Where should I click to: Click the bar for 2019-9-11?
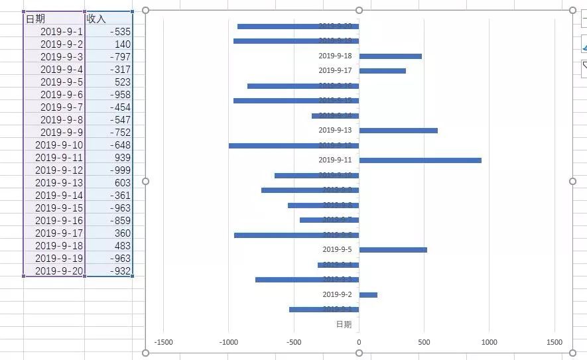[420, 160]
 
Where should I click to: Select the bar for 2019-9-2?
[368, 295]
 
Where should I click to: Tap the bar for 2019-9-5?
[393, 250]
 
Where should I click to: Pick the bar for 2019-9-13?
[398, 131]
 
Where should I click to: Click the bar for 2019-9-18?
[390, 56]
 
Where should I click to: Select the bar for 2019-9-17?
[382, 71]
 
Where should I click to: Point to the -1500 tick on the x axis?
[164, 343]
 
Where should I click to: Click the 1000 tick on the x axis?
[489, 343]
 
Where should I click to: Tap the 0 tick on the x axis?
[359, 343]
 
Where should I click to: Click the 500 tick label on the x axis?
[424, 343]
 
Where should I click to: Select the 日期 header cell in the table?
[54, 19]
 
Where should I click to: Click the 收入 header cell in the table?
[109, 19]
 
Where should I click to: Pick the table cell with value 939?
[109, 158]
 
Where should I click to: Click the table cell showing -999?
[109, 170]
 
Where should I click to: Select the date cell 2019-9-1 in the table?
[54, 32]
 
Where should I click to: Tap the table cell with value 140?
[109, 44]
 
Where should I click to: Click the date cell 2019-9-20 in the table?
[54, 271]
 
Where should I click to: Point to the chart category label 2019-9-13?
[335, 131]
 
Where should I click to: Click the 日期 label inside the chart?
[344, 324]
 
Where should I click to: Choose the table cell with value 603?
[109, 183]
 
